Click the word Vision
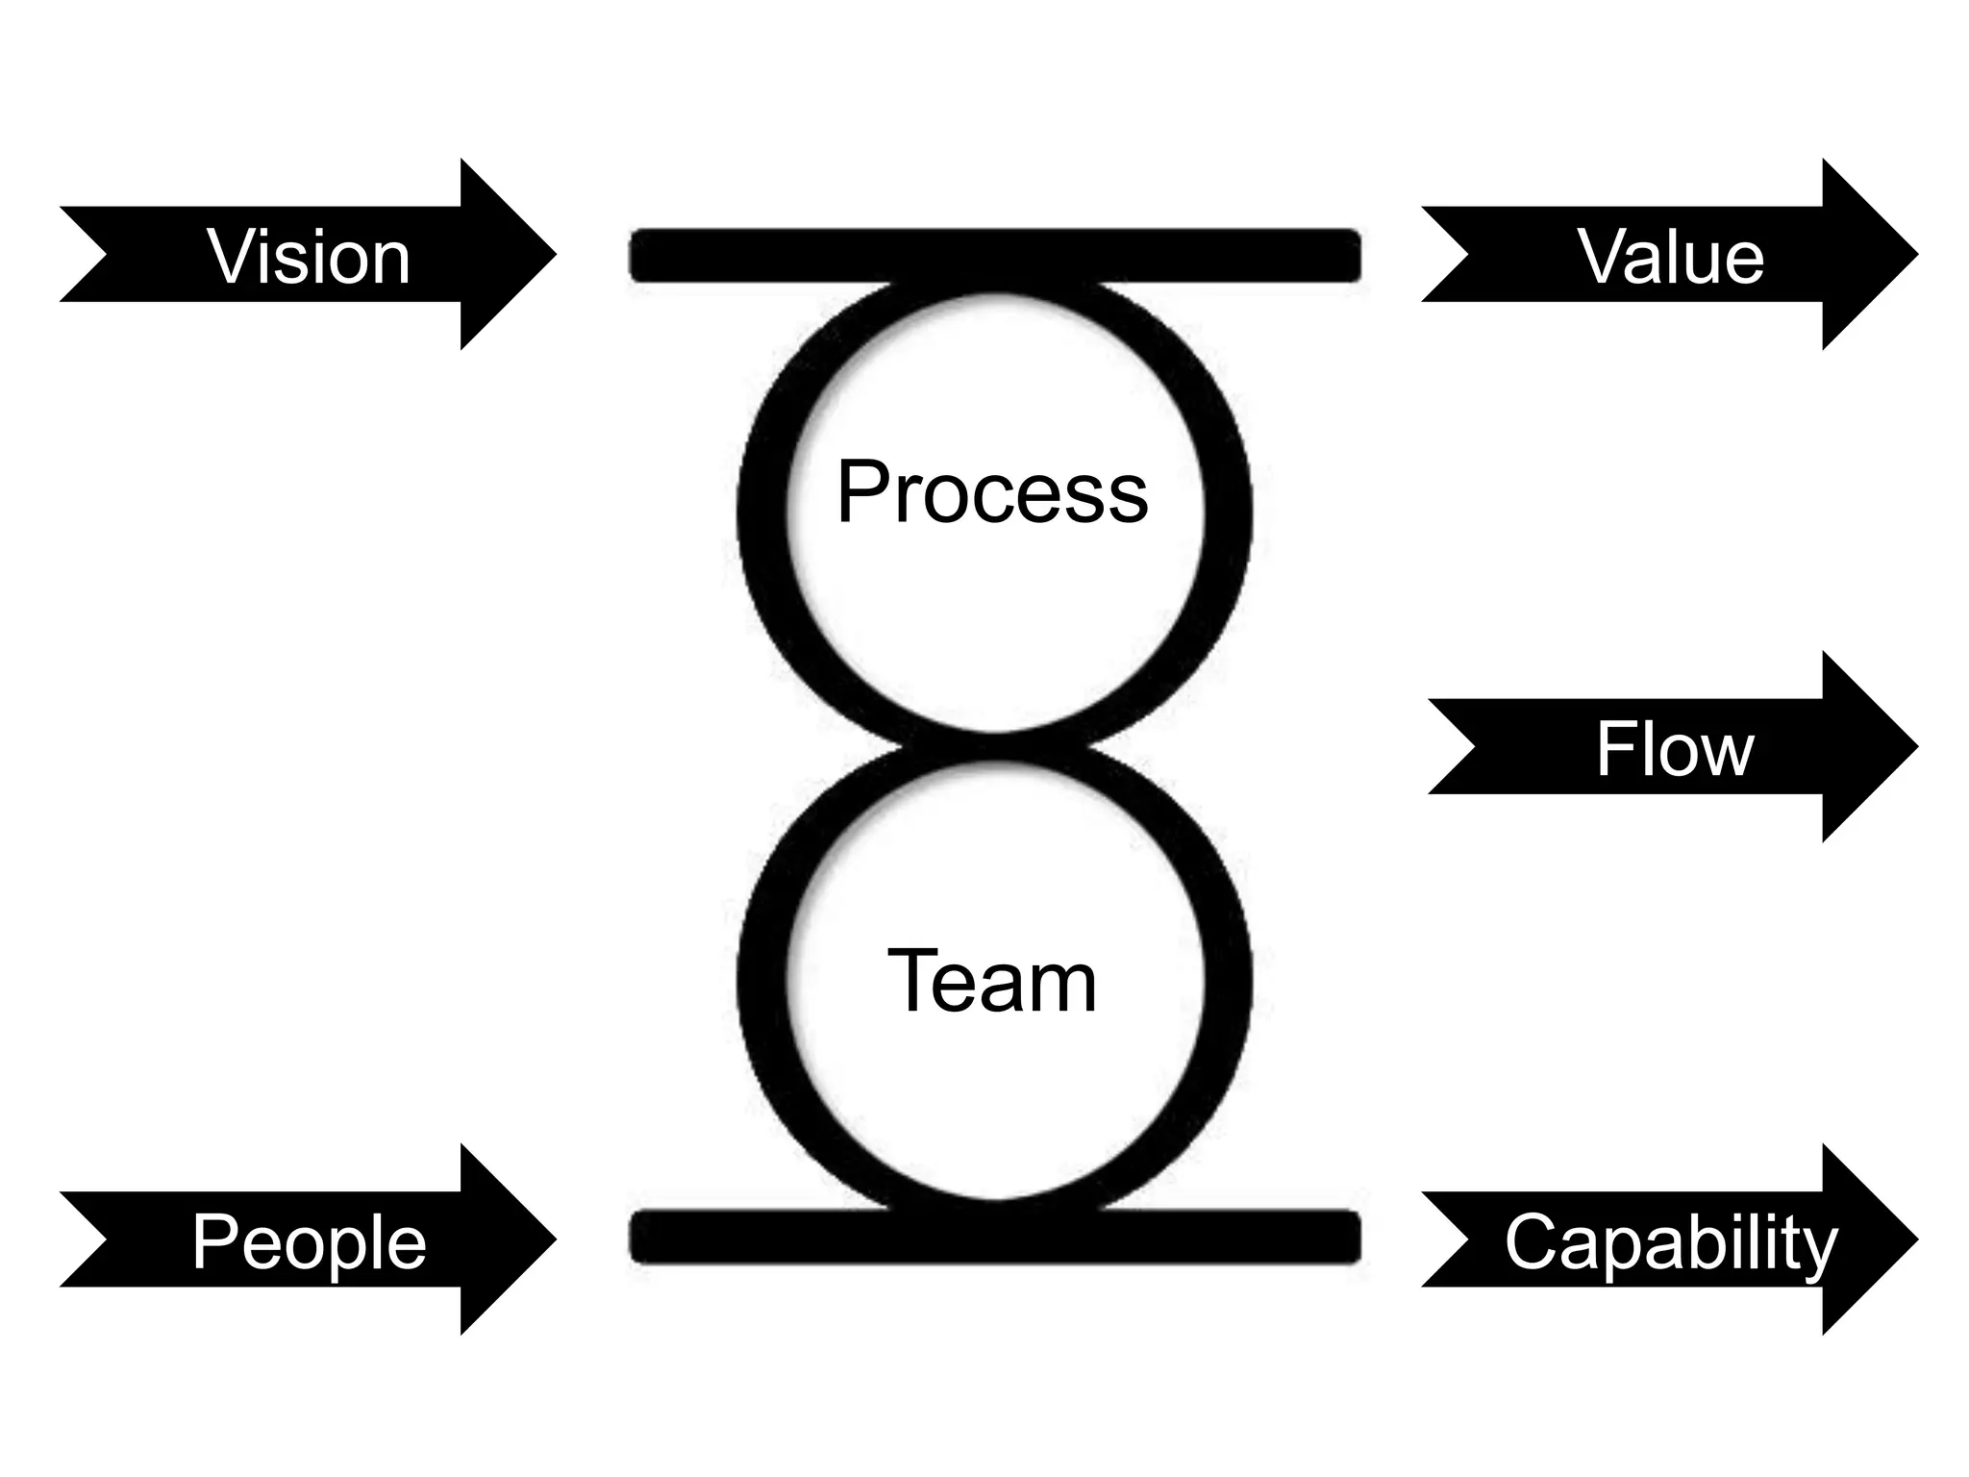click(309, 257)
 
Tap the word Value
click(1671, 257)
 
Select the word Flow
click(1675, 749)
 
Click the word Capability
click(1671, 1242)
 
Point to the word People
click(309, 1242)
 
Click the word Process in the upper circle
click(991, 492)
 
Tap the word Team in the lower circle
click(991, 981)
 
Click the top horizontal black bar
click(994, 256)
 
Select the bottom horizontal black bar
click(994, 1238)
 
